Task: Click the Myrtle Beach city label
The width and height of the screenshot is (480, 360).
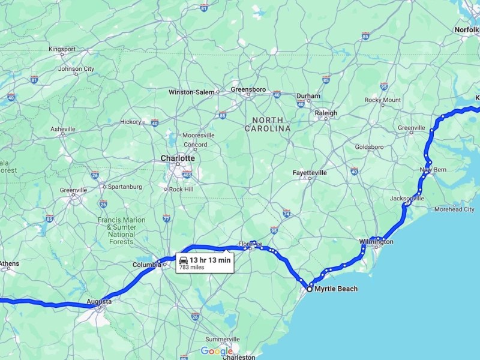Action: (x=335, y=289)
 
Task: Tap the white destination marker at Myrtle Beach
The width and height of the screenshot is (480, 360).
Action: (x=310, y=289)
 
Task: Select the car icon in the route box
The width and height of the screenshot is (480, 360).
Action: (x=182, y=259)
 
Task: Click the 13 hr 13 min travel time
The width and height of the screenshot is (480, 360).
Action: (x=210, y=259)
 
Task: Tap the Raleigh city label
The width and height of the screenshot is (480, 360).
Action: (x=326, y=113)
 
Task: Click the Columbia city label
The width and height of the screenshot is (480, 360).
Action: (x=146, y=264)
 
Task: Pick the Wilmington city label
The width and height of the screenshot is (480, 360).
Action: (x=376, y=242)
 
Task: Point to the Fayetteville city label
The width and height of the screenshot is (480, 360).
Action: (x=310, y=173)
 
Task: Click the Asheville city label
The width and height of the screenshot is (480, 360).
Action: (x=63, y=129)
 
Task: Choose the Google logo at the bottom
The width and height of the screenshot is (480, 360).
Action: (x=217, y=351)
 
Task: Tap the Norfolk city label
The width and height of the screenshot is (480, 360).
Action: (x=466, y=29)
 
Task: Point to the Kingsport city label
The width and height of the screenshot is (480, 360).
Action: (x=61, y=49)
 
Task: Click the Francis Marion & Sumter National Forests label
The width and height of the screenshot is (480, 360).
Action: (x=122, y=227)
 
